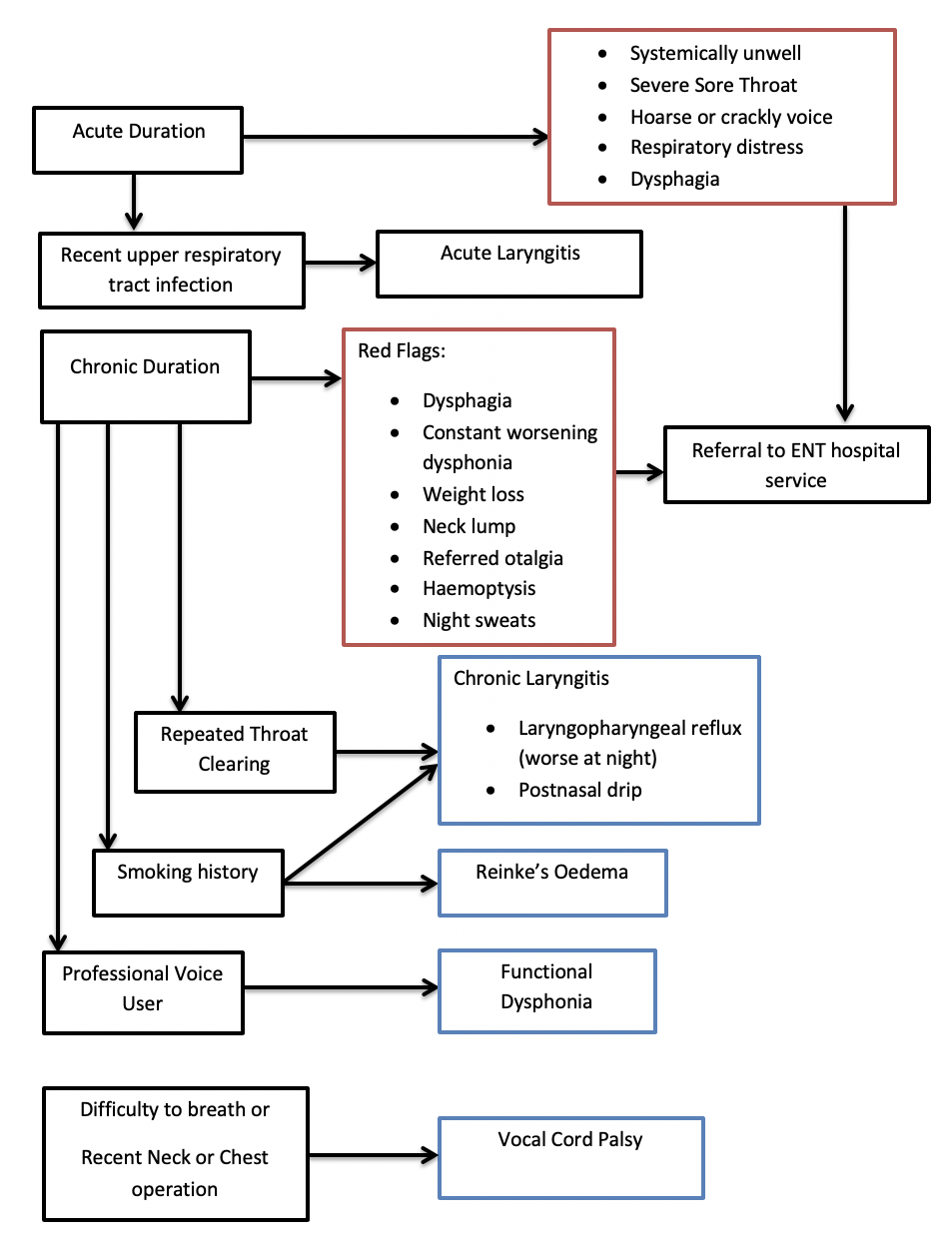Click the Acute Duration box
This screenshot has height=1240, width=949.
138,140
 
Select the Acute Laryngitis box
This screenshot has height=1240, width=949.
509,264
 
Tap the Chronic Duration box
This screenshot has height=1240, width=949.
146,376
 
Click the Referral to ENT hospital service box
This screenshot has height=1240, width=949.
797,464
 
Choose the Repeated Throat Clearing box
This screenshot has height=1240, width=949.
235,752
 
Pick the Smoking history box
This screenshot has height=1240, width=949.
188,883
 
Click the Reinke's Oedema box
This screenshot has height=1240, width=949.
552,883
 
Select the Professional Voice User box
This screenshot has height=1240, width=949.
144,992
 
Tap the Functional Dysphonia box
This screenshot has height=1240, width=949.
547,990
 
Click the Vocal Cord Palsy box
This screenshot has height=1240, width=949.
570,1157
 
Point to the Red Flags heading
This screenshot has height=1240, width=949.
402,350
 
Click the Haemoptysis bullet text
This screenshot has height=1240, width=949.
478,588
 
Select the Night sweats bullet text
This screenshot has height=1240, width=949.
478,620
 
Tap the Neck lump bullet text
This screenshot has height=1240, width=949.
469,526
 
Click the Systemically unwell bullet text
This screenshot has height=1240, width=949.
715,53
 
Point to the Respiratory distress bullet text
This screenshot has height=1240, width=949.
716,147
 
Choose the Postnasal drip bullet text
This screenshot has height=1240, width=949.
580,789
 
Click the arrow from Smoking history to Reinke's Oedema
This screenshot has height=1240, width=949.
361,883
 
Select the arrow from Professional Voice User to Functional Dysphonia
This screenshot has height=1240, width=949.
342,987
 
